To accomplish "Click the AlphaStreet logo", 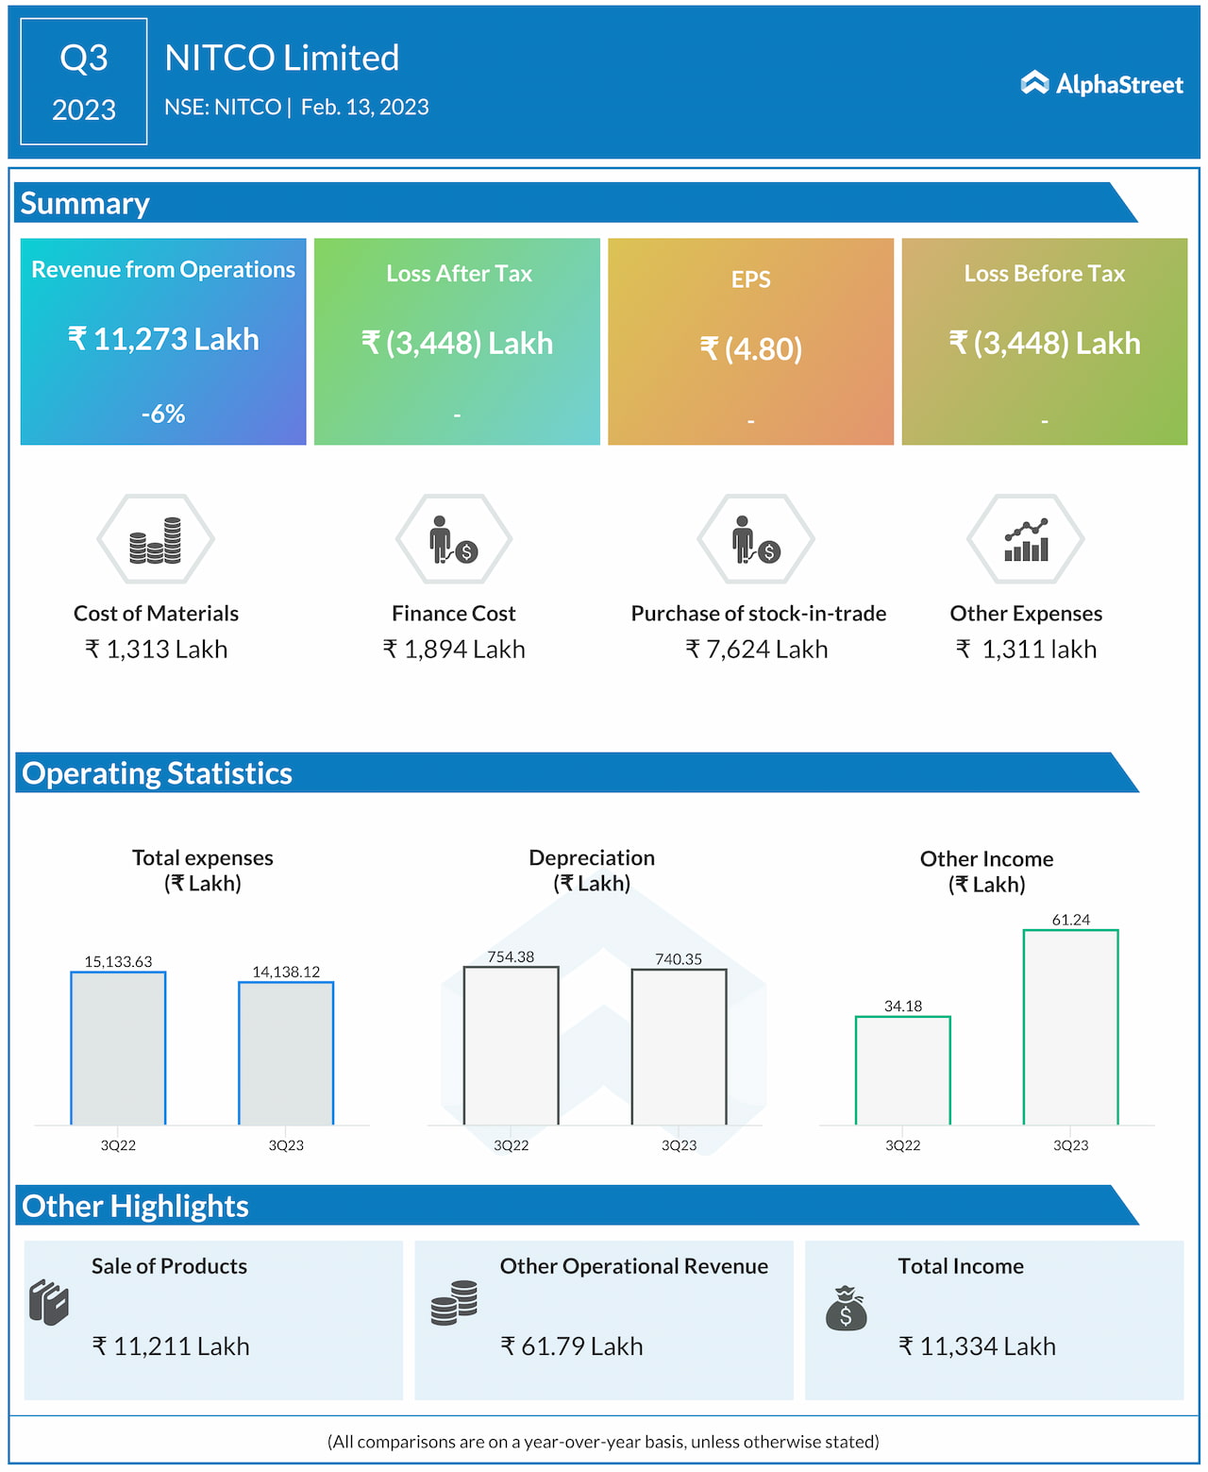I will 1101,84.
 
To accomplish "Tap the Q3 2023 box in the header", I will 84,81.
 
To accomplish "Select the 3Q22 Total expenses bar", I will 118,1048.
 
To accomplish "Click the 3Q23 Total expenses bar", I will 286,1053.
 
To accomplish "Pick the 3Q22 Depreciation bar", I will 511,1045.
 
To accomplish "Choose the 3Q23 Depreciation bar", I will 679,1046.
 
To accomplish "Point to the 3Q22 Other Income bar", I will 902,1070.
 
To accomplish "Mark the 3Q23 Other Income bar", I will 1070,1027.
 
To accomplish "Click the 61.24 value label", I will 1070,920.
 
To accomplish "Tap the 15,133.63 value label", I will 118,961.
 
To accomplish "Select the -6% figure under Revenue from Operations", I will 163,414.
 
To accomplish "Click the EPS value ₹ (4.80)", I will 751,348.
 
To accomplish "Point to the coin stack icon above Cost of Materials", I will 156,540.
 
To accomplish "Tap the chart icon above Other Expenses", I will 1026,540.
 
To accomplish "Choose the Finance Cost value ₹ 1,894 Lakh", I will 454,650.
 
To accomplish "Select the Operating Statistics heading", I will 158,773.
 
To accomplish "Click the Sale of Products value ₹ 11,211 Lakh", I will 171,1346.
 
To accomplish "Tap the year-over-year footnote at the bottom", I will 603,1442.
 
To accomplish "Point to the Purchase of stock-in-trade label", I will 759,614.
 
